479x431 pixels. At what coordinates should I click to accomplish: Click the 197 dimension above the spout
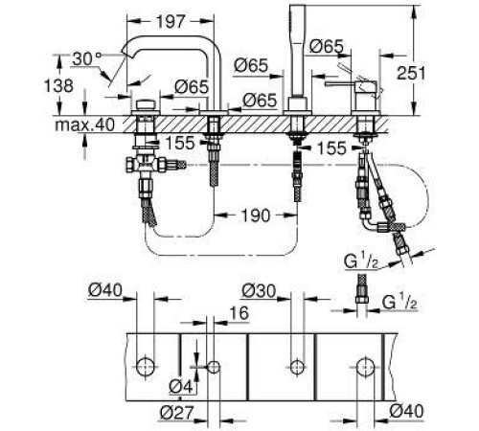(x=171, y=20)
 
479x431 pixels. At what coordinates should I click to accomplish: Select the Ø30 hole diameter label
(x=255, y=290)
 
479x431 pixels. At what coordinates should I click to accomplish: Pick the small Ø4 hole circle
(x=213, y=365)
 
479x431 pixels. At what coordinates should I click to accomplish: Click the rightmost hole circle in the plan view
(x=364, y=365)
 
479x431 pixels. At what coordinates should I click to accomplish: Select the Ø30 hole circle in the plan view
(x=292, y=365)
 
